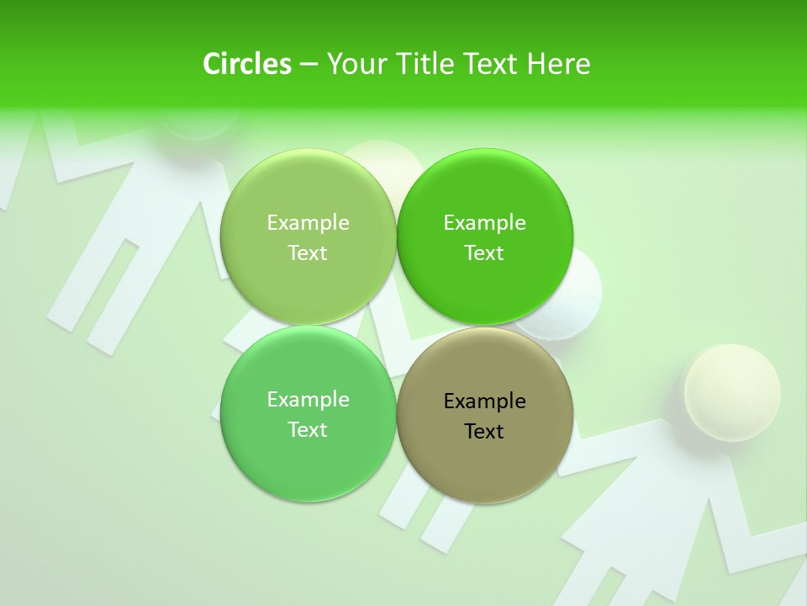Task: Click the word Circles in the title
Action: point(247,64)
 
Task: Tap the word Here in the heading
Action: point(558,64)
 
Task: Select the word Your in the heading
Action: point(355,64)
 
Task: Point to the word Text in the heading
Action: point(490,64)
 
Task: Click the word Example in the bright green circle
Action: point(484,222)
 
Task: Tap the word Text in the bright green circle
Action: point(484,252)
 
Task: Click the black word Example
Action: point(484,401)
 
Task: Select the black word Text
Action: point(484,431)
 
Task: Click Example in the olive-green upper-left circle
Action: point(308,222)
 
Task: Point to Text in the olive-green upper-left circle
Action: point(308,252)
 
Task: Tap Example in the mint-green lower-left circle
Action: point(308,399)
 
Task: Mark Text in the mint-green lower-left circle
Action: point(308,429)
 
